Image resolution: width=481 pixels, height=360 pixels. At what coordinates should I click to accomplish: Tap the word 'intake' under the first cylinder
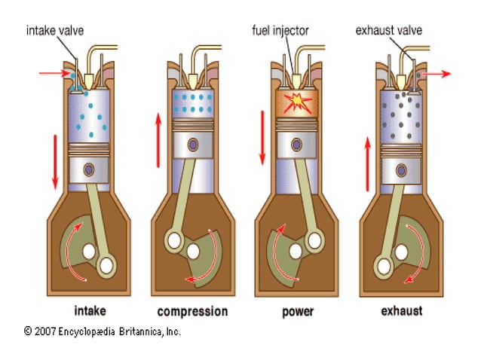pyautogui.click(x=90, y=310)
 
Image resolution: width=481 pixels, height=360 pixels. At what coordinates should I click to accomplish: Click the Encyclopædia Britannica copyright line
pyautogui.click(x=103, y=331)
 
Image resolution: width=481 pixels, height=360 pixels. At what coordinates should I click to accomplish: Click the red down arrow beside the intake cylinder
pyautogui.click(x=54, y=161)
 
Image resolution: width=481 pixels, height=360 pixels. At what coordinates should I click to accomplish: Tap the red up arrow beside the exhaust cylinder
pyautogui.click(x=367, y=161)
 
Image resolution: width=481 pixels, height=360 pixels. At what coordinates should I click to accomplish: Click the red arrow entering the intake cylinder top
pyautogui.click(x=54, y=75)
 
